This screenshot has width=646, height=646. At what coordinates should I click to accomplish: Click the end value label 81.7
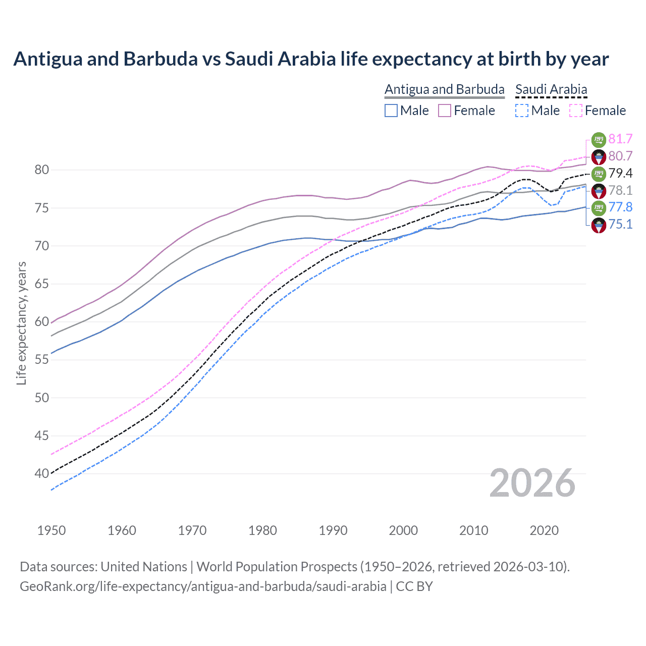click(x=620, y=139)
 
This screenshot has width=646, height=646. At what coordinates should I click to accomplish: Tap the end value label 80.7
click(x=620, y=156)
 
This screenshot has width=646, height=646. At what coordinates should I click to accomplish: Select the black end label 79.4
click(x=620, y=173)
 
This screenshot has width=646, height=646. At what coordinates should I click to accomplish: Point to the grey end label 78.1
click(x=620, y=190)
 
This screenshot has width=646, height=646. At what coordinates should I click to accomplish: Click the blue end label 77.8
click(x=620, y=207)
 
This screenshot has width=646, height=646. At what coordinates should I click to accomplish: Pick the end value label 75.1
click(x=620, y=224)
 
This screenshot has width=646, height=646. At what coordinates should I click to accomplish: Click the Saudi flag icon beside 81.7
click(x=599, y=139)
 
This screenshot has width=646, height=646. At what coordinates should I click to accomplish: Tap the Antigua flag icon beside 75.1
click(x=599, y=225)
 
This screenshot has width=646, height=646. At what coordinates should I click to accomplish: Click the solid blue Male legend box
click(x=391, y=111)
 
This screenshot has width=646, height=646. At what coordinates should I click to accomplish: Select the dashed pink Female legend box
click(x=576, y=111)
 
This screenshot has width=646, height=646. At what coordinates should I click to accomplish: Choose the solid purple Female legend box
click(x=445, y=111)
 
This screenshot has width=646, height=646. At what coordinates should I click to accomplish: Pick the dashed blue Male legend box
click(x=522, y=111)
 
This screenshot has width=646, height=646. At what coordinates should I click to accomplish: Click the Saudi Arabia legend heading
click(x=551, y=89)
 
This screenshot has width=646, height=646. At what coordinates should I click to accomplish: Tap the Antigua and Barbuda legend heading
click(x=445, y=89)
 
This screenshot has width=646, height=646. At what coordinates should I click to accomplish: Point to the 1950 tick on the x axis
click(x=51, y=530)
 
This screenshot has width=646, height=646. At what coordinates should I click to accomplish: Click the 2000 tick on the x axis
click(x=403, y=530)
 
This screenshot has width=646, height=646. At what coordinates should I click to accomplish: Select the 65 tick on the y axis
click(x=42, y=284)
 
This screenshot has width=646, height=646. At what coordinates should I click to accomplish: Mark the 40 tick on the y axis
click(x=42, y=473)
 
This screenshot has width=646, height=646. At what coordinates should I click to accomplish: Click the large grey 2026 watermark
click(x=532, y=483)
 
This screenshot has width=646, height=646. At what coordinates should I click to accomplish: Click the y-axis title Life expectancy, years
click(x=21, y=323)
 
